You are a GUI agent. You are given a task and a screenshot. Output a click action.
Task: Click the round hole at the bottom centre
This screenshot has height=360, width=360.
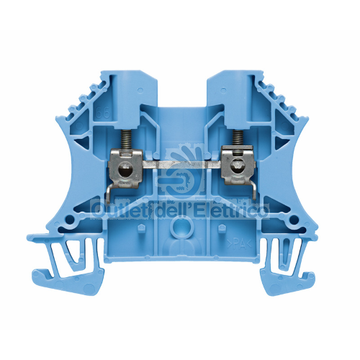(180, 229)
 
